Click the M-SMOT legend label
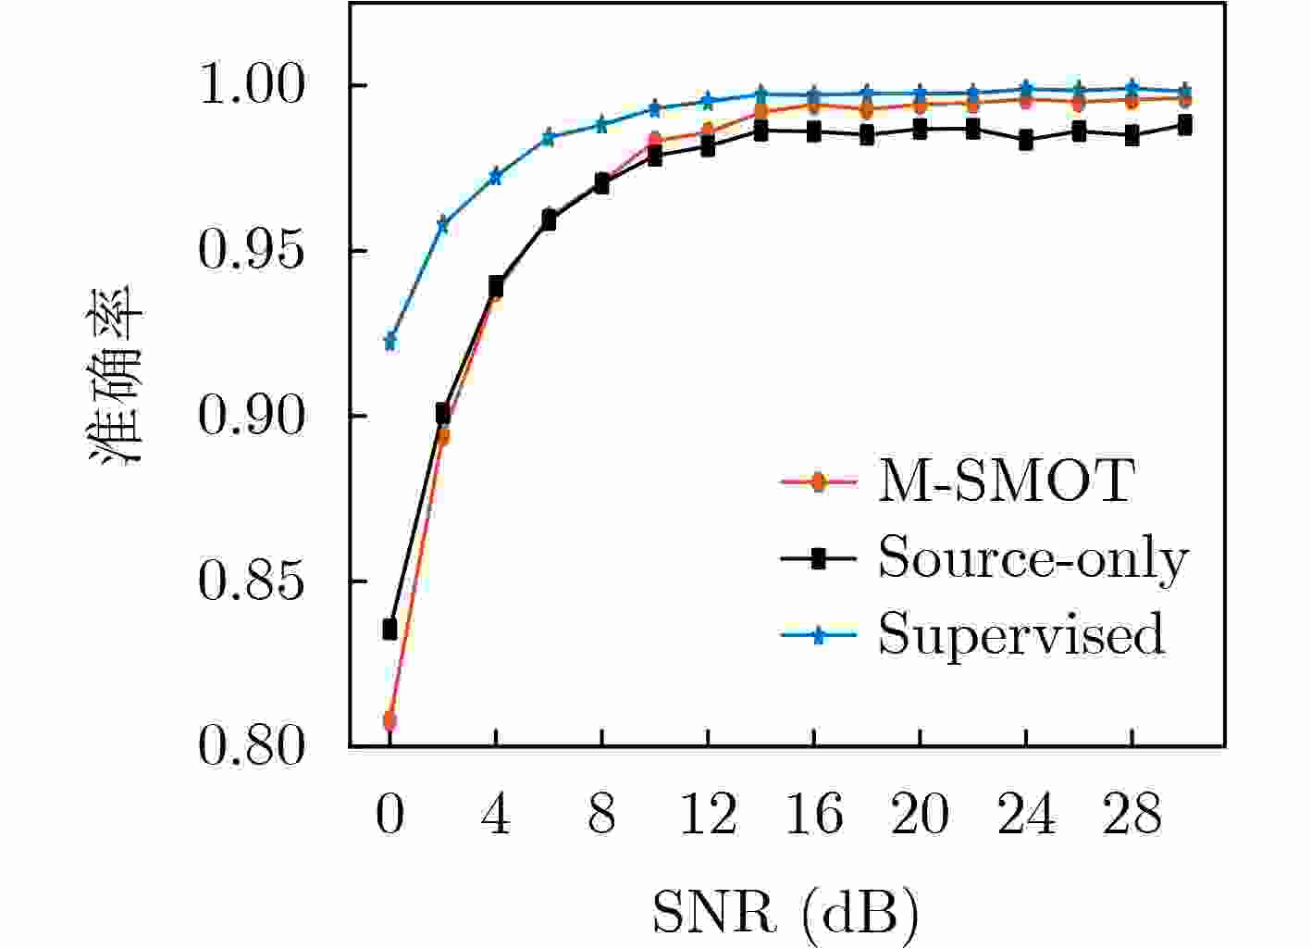pyautogui.click(x=1006, y=481)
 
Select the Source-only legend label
pyautogui.click(x=1033, y=558)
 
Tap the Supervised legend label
pyautogui.click(x=1020, y=635)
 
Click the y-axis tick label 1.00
pyautogui.click(x=252, y=86)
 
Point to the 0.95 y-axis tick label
pyautogui.click(x=252, y=252)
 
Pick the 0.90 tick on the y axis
pyautogui.click(x=252, y=417)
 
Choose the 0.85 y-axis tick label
pyautogui.click(x=252, y=582)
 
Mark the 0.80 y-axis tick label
pyautogui.click(x=252, y=747)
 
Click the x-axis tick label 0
pyautogui.click(x=390, y=816)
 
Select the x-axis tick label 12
pyautogui.click(x=708, y=816)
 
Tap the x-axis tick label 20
pyautogui.click(x=920, y=816)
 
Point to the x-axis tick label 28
pyautogui.click(x=1132, y=816)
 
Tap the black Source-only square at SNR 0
pyautogui.click(x=390, y=630)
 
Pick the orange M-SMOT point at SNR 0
pyautogui.click(x=390, y=719)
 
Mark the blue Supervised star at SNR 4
pyautogui.click(x=496, y=176)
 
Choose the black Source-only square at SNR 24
pyautogui.click(x=1026, y=141)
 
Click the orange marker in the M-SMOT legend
pyautogui.click(x=818, y=481)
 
